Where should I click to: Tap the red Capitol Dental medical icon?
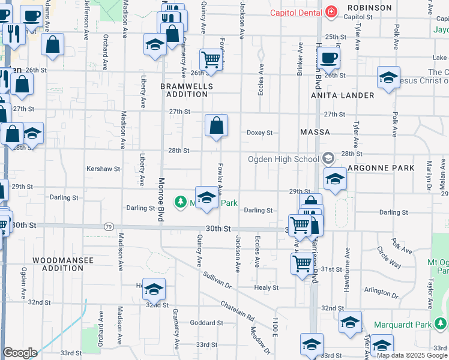[330, 11]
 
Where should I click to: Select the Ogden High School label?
[283, 159]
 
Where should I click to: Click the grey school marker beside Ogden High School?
[328, 158]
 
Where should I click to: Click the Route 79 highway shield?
[109, 227]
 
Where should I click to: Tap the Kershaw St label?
[103, 169]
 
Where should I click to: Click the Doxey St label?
[260, 133]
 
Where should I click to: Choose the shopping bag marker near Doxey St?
[216, 126]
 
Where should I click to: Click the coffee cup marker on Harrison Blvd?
[328, 58]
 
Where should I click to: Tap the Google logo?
[20, 353]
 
